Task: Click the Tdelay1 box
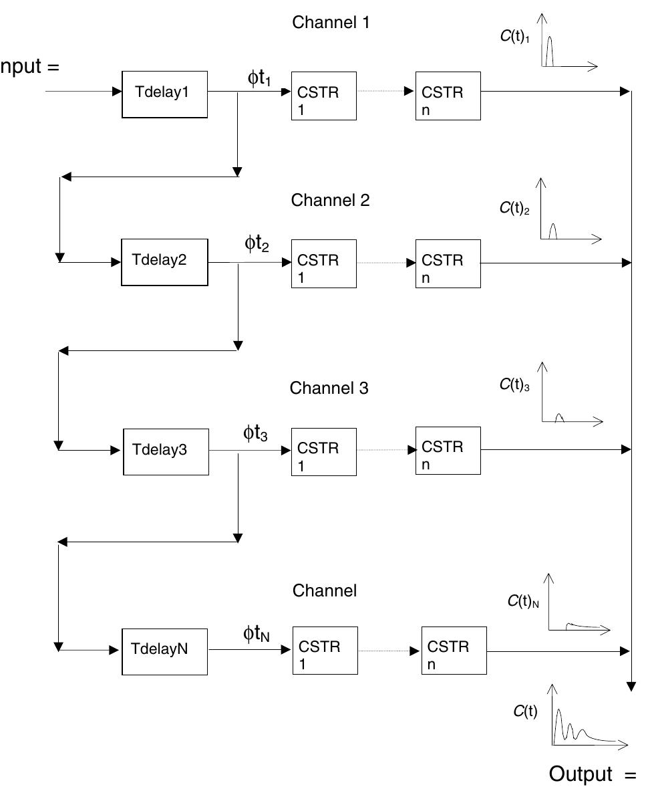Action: click(x=164, y=93)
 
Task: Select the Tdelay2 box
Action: click(x=164, y=261)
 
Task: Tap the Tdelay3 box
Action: click(x=166, y=451)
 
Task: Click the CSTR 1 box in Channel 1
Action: click(x=324, y=96)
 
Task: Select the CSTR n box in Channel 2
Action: click(x=448, y=263)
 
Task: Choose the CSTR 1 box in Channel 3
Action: click(x=324, y=451)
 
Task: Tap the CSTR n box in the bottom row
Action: click(x=454, y=651)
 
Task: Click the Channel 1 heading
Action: click(x=331, y=22)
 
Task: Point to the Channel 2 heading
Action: click(x=330, y=200)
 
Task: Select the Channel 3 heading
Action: click(x=329, y=388)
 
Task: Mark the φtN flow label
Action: click(x=257, y=634)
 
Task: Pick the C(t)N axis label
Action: click(x=523, y=601)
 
